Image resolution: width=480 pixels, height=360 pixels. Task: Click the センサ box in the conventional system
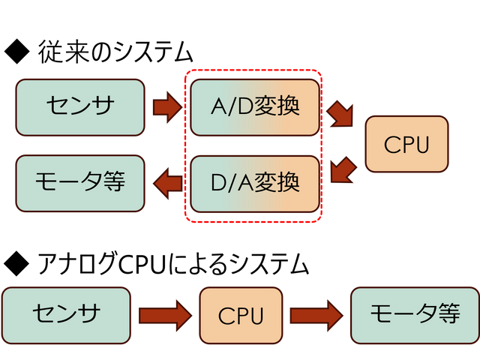point(79,107)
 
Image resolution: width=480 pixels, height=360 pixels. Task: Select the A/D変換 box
point(256,107)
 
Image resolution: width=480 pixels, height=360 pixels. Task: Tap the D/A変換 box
point(256,182)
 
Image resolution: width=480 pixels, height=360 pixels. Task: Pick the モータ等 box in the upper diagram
point(79,182)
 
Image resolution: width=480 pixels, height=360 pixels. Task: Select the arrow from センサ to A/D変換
point(167,108)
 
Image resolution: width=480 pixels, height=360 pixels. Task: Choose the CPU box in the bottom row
point(241,315)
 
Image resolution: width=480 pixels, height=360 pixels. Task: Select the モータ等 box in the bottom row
point(415,314)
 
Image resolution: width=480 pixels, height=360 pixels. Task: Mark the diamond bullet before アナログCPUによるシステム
point(16,263)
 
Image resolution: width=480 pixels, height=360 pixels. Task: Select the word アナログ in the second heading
point(77,263)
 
